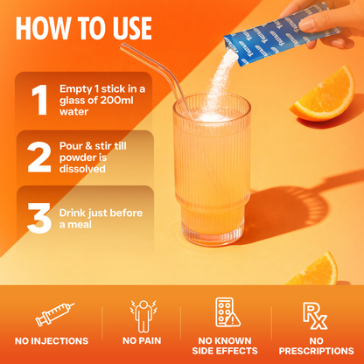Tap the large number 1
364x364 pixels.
click(x=37, y=100)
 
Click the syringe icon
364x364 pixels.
click(x=50, y=314)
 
